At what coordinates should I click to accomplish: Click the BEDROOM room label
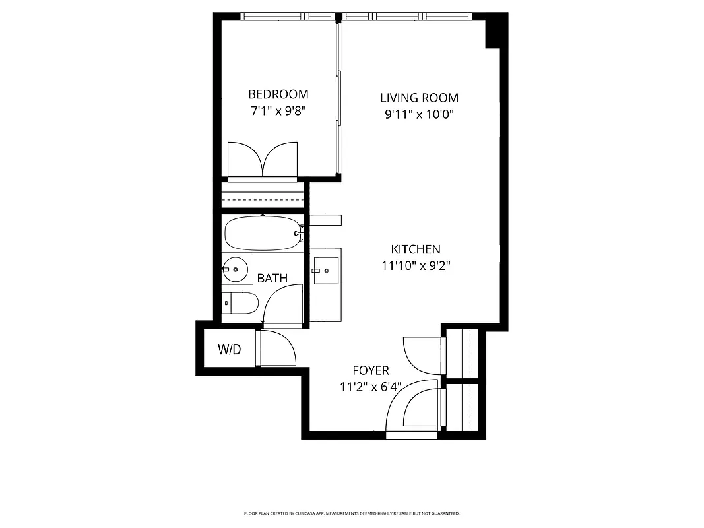(x=278, y=94)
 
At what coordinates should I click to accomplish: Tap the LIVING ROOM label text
(x=419, y=98)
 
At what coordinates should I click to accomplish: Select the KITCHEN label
(x=416, y=249)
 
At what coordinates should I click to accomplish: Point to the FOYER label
(x=370, y=370)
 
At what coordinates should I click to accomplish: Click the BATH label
(x=272, y=278)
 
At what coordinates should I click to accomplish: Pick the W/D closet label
(x=229, y=350)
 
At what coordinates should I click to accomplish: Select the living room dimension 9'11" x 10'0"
(x=419, y=114)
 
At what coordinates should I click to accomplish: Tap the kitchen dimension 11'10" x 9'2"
(x=416, y=266)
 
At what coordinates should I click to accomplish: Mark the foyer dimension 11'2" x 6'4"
(x=370, y=387)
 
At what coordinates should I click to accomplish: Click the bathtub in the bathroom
(x=263, y=233)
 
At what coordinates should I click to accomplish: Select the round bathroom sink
(x=236, y=269)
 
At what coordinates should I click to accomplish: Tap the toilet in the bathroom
(x=239, y=303)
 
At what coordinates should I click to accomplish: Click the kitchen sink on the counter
(x=325, y=270)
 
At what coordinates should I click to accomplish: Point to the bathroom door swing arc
(x=281, y=304)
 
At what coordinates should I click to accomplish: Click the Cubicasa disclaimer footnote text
(x=352, y=513)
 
